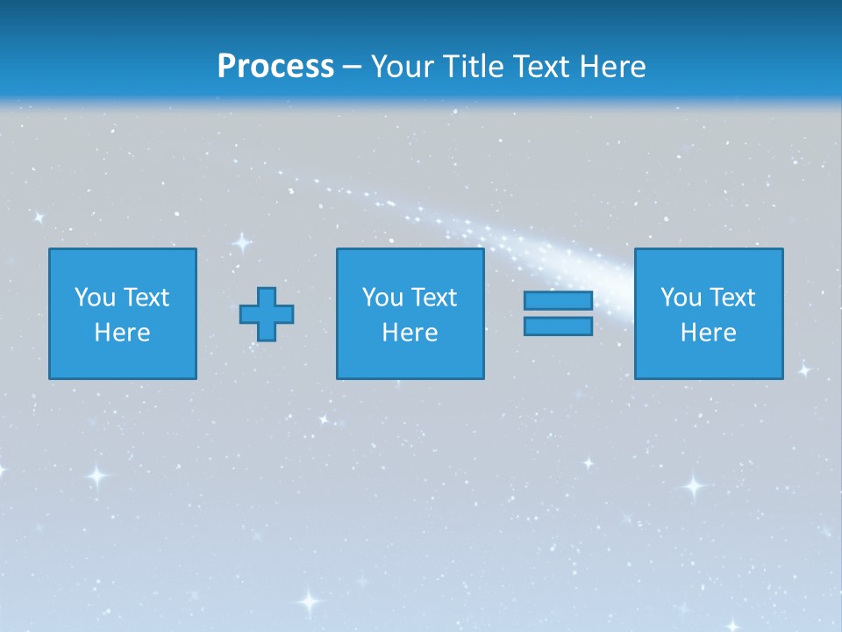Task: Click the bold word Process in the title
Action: (275, 67)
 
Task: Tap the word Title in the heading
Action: (470, 67)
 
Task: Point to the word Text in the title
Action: (545, 67)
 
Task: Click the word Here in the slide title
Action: (615, 67)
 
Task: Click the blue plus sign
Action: (267, 314)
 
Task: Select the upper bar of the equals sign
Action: (558, 301)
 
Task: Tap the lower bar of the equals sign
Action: (558, 327)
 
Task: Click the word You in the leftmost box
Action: (95, 298)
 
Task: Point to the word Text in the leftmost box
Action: (146, 298)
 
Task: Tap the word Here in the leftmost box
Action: (123, 333)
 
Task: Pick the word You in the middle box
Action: (382, 298)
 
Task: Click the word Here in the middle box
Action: (410, 333)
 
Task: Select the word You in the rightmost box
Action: (681, 298)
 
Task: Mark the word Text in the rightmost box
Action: (732, 298)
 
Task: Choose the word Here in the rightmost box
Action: (709, 333)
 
